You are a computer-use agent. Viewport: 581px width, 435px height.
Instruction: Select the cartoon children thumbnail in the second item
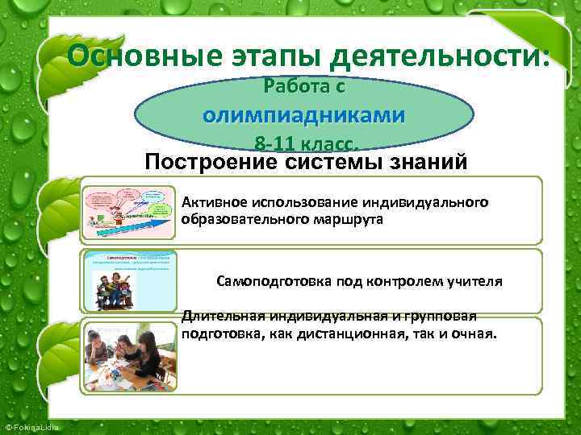[x=128, y=280]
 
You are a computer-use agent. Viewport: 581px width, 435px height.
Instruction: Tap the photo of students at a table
[x=128, y=356]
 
